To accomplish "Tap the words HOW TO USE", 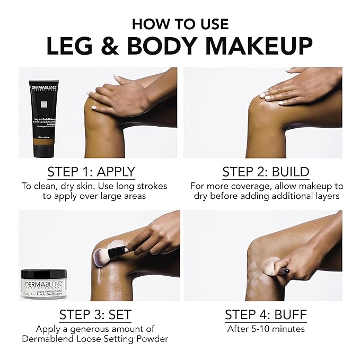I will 180,24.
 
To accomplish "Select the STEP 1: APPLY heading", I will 91,172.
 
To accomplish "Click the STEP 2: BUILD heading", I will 266,172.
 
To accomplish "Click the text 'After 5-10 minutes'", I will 266,329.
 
